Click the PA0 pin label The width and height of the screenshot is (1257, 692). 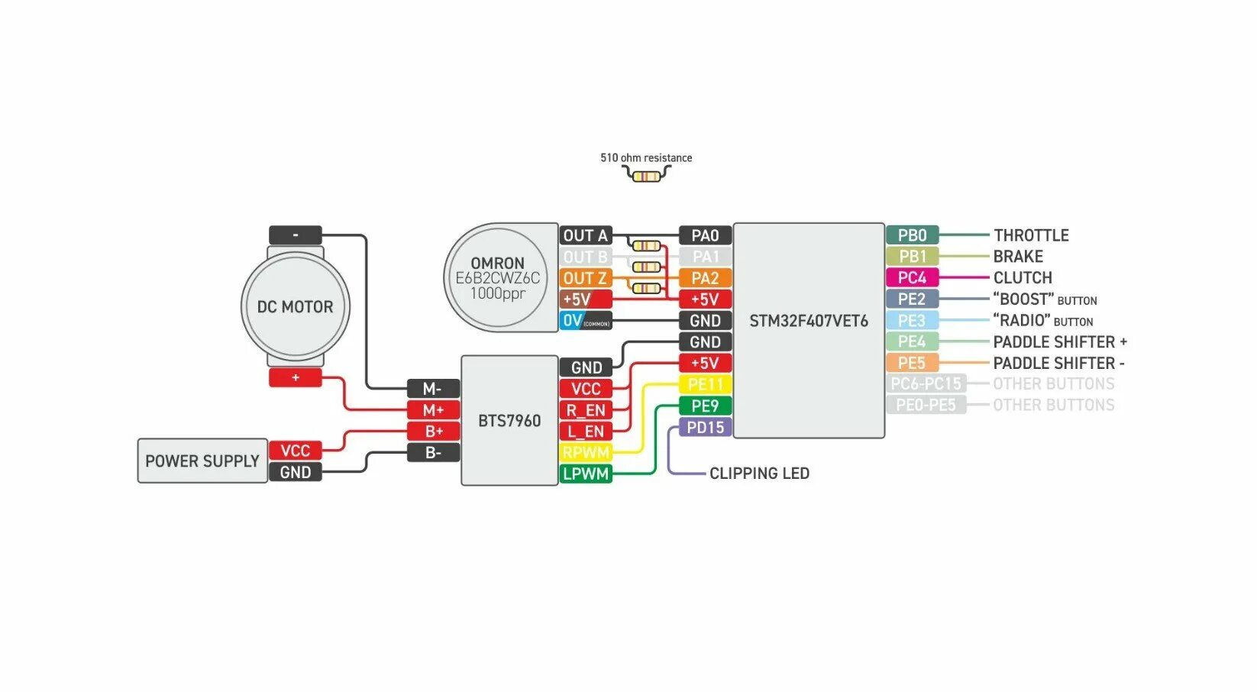coord(705,235)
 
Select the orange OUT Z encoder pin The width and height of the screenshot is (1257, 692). coord(586,278)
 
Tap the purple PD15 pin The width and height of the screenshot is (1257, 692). coord(705,427)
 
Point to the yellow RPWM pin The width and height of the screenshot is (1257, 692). coord(586,452)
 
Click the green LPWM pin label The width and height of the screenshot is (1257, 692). coord(586,474)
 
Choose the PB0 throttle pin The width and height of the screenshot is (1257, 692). coord(912,235)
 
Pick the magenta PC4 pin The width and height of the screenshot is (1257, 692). coord(912,278)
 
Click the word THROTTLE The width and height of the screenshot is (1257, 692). coord(1031,235)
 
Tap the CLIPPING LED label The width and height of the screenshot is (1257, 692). coord(759,474)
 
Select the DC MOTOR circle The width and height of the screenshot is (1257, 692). coord(296,306)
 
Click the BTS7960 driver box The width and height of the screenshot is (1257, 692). coord(509,421)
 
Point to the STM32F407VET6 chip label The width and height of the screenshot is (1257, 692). coord(809,321)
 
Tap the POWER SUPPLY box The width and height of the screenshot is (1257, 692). coord(202,461)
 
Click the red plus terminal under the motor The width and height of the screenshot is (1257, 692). coord(296,377)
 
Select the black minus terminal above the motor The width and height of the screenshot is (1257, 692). coord(296,235)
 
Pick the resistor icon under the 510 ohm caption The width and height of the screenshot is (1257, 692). coord(646,176)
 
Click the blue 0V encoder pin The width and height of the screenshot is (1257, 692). coord(586,321)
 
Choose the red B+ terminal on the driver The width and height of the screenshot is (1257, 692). coord(434,432)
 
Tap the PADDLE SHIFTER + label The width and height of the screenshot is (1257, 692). coord(1059,341)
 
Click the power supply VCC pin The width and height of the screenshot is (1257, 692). coord(296,451)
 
